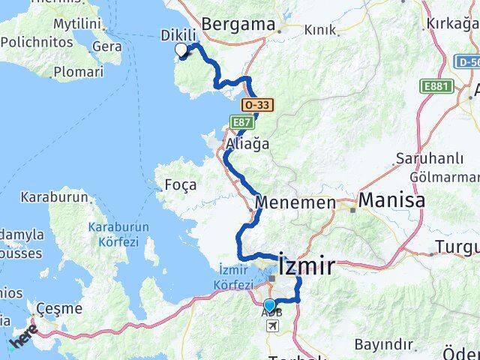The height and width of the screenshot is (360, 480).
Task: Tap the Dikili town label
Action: [x=178, y=35]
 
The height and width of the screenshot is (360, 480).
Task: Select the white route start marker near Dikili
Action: [x=181, y=50]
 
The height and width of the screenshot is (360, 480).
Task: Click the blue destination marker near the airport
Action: [x=270, y=305]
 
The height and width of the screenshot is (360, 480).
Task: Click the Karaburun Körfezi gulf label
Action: [x=118, y=233]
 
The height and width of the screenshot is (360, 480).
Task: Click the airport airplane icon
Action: [x=271, y=325]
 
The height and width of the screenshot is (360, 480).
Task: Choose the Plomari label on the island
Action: [x=79, y=72]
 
